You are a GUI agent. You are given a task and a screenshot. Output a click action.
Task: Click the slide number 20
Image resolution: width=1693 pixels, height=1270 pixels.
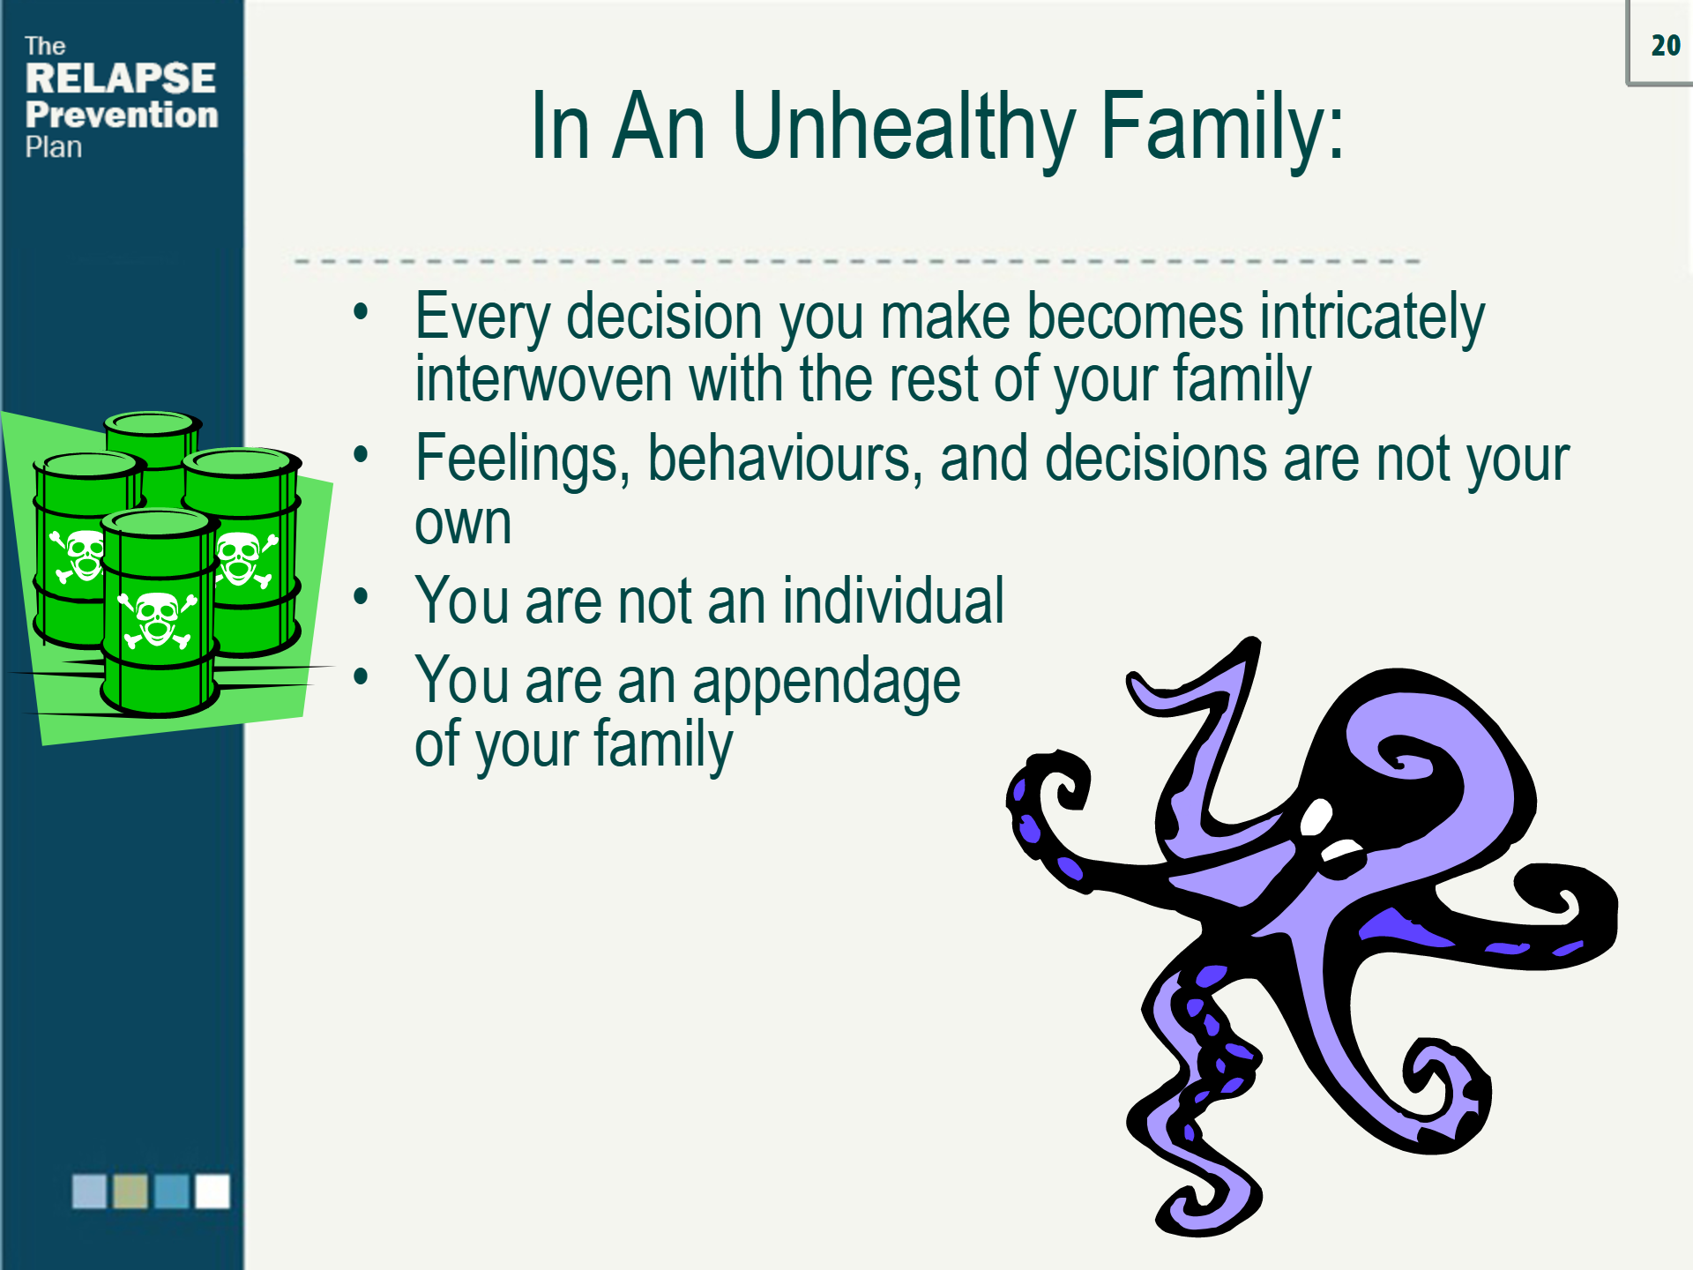pos(1665,45)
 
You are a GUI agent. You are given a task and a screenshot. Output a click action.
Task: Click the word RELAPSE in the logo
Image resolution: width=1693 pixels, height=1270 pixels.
pos(120,78)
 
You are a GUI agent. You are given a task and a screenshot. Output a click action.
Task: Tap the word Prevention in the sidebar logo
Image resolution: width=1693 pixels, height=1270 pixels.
pos(121,115)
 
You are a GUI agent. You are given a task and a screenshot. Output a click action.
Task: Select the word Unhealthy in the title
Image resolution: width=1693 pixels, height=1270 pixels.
pos(903,128)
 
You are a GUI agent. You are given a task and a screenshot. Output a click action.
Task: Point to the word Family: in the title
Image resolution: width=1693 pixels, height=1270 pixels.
pos(1222,128)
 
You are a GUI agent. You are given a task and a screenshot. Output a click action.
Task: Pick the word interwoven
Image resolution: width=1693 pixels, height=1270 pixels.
pos(542,379)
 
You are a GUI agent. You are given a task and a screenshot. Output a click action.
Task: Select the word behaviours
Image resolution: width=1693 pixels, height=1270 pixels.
pos(784,459)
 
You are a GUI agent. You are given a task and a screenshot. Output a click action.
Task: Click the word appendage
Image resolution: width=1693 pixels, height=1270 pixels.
pos(825,682)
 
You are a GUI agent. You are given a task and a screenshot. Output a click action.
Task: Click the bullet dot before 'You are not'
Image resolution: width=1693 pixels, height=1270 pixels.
pos(360,597)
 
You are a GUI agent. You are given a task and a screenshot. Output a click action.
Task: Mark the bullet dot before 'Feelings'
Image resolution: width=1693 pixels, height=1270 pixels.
pos(360,455)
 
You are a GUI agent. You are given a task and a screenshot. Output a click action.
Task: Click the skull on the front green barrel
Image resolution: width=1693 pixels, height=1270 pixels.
pos(158,618)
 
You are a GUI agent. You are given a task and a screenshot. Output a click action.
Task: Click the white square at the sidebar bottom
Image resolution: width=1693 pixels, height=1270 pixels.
pos(212,1191)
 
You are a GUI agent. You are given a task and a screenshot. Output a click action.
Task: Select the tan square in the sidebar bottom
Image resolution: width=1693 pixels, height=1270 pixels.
pos(131,1191)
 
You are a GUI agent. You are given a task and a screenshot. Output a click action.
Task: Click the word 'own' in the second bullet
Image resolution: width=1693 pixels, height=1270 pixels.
pos(462,524)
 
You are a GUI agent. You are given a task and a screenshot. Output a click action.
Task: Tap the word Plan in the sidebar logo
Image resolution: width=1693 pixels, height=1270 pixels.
pos(53,147)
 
